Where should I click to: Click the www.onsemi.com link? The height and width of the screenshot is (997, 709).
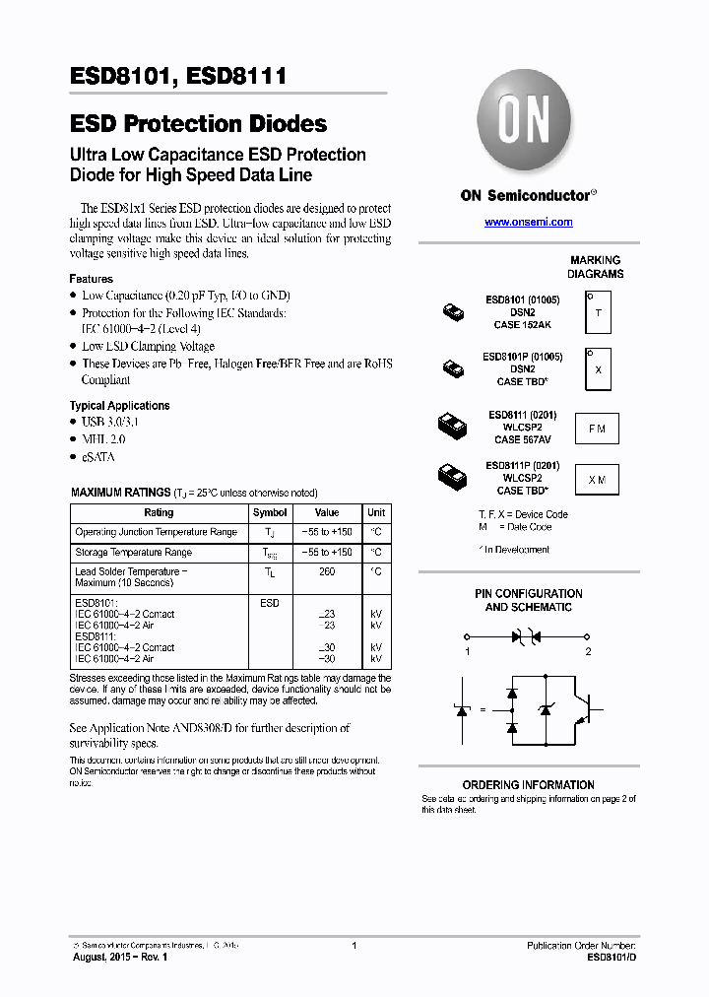click(528, 223)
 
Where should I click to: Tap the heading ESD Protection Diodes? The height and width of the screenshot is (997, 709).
click(198, 124)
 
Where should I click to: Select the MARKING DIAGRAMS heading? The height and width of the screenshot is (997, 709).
click(595, 267)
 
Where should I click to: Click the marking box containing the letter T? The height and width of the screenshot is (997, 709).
click(598, 313)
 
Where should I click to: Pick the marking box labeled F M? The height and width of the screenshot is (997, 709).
click(597, 429)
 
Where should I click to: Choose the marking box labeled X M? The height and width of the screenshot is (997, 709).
click(597, 480)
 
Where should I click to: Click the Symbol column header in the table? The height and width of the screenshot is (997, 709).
click(270, 512)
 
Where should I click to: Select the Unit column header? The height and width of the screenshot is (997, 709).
click(376, 512)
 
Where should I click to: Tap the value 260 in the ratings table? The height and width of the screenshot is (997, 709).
click(327, 571)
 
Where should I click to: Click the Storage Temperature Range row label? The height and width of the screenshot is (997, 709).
click(133, 553)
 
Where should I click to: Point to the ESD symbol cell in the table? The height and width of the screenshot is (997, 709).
click(270, 602)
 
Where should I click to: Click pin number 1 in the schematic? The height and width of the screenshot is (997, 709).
click(468, 651)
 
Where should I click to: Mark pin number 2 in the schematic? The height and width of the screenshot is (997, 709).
click(588, 651)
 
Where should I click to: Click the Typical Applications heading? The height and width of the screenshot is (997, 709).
click(119, 406)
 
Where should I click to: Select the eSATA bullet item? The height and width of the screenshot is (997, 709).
click(99, 457)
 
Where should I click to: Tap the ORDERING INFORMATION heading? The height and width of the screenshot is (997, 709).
click(528, 785)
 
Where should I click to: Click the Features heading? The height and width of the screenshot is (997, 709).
click(91, 279)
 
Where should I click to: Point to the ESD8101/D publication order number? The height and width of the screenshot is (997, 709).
click(612, 957)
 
